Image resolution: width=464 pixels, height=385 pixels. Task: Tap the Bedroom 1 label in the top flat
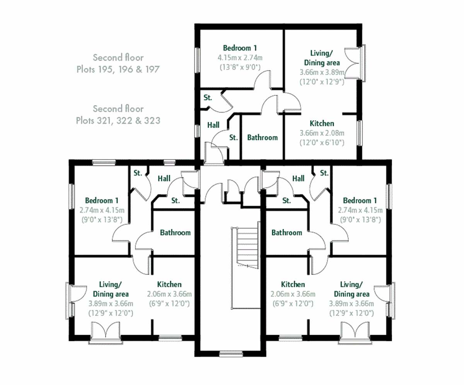click(x=240, y=48)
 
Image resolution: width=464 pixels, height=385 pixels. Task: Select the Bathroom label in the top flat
click(x=262, y=137)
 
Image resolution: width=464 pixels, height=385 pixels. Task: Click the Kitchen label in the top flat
click(x=322, y=124)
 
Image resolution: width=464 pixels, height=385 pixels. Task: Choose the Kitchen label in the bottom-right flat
click(x=293, y=284)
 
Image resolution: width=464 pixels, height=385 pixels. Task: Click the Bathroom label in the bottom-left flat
click(x=175, y=233)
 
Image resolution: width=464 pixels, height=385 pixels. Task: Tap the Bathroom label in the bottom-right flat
click(x=287, y=233)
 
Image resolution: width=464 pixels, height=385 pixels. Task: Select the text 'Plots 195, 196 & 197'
click(x=118, y=70)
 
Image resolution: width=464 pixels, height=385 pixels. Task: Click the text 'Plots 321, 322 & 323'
click(x=118, y=121)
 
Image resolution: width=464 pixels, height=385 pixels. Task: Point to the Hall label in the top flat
click(x=213, y=125)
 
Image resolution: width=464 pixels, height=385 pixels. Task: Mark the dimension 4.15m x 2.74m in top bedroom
click(x=240, y=58)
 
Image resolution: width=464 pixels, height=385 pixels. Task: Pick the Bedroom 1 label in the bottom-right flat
click(x=360, y=201)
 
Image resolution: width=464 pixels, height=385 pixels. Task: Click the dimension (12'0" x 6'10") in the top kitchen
click(x=322, y=142)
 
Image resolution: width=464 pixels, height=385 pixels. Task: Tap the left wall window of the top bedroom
click(x=197, y=60)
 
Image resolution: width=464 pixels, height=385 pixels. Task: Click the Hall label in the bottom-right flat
click(x=298, y=178)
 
